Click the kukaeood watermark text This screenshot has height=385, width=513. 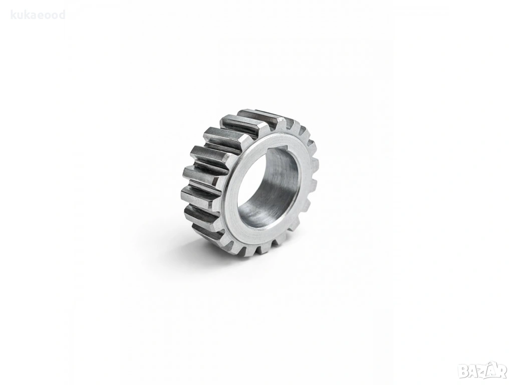click(38, 15)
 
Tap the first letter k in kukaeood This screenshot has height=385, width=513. click(14, 15)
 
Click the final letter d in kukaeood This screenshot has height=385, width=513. click(63, 15)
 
